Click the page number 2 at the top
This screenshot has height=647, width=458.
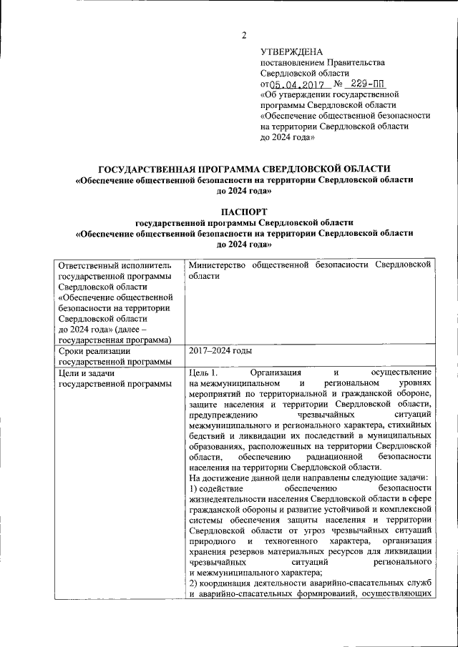[x=243, y=36]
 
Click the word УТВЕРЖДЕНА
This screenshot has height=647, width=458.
[x=291, y=51]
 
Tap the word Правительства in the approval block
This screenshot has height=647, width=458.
[x=356, y=62]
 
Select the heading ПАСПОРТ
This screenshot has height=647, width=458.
[x=244, y=212]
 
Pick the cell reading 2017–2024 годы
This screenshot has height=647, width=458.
[x=220, y=351]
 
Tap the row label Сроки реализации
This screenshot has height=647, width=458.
[x=94, y=351]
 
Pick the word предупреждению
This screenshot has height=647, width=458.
[x=223, y=415]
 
